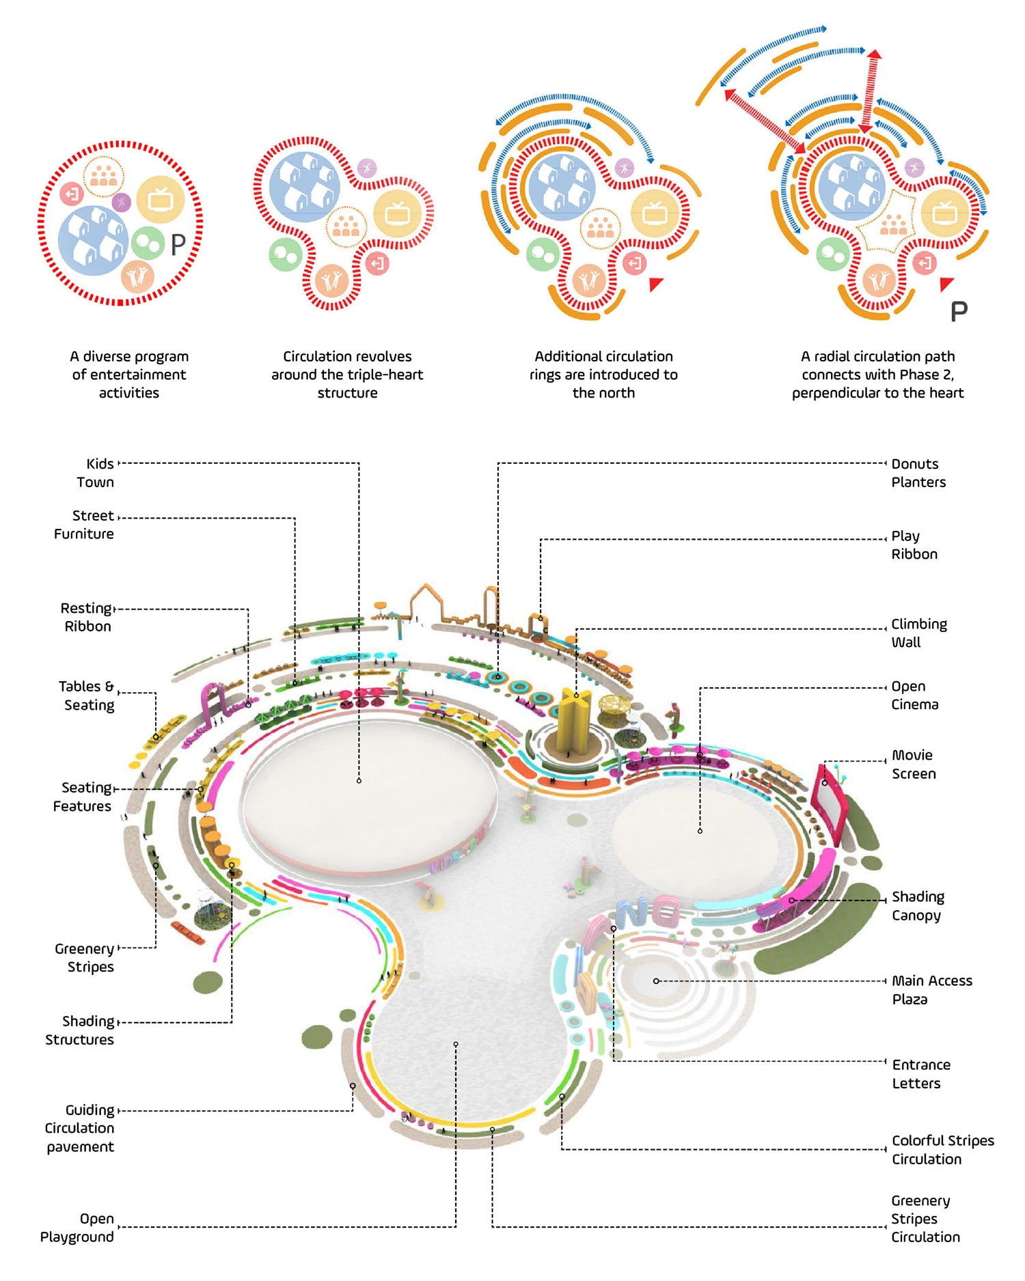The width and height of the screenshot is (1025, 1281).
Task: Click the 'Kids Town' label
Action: (x=96, y=473)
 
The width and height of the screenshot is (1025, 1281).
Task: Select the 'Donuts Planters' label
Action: (x=918, y=473)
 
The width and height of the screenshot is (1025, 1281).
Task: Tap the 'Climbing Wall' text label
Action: (x=918, y=633)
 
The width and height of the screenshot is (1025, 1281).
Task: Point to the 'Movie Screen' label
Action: (x=914, y=765)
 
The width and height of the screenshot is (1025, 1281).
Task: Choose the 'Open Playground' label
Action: (x=77, y=1228)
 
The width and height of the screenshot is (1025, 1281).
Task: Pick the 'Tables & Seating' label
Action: (x=87, y=695)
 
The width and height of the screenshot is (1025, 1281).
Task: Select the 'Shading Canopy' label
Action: (x=917, y=906)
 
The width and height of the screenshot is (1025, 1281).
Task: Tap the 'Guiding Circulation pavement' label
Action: (x=80, y=1128)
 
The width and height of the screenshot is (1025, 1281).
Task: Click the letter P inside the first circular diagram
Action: (x=178, y=244)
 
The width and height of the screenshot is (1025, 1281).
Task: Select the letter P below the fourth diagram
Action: (x=959, y=312)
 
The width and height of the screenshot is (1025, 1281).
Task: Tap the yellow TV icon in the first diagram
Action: (x=161, y=199)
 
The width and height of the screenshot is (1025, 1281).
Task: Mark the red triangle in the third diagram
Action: (x=655, y=284)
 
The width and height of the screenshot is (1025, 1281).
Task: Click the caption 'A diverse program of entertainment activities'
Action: (x=128, y=374)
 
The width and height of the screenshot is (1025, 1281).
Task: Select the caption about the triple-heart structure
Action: (x=347, y=374)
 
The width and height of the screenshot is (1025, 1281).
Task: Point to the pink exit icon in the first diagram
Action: (x=72, y=194)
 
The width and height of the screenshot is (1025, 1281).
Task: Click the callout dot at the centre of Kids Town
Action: (x=359, y=780)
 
